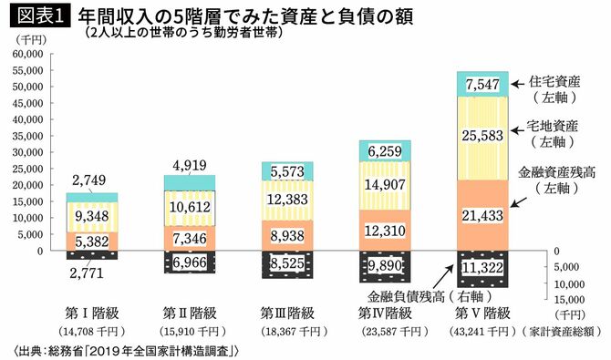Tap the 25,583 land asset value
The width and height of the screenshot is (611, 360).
pyautogui.click(x=482, y=136)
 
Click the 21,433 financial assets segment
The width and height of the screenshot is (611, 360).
pyautogui.click(x=482, y=215)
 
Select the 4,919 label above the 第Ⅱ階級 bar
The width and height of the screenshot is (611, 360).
pyautogui.click(x=190, y=165)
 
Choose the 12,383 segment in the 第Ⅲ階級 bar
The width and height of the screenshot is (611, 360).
pyautogui.click(x=287, y=199)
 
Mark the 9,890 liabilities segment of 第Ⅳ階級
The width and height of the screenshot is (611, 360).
pyautogui.click(x=385, y=264)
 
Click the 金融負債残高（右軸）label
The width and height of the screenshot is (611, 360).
pyautogui.click(x=423, y=297)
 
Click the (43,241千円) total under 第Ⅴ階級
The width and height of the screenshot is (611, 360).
pyautogui.click(x=482, y=330)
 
